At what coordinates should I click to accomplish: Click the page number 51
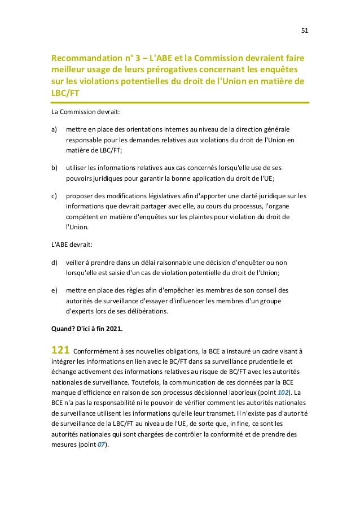[304, 30]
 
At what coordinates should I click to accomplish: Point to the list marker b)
[55, 168]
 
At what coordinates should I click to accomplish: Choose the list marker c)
[54, 196]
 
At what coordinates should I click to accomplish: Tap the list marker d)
[55, 262]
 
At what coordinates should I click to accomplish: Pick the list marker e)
[55, 290]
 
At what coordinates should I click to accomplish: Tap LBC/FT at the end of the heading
[64, 93]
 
